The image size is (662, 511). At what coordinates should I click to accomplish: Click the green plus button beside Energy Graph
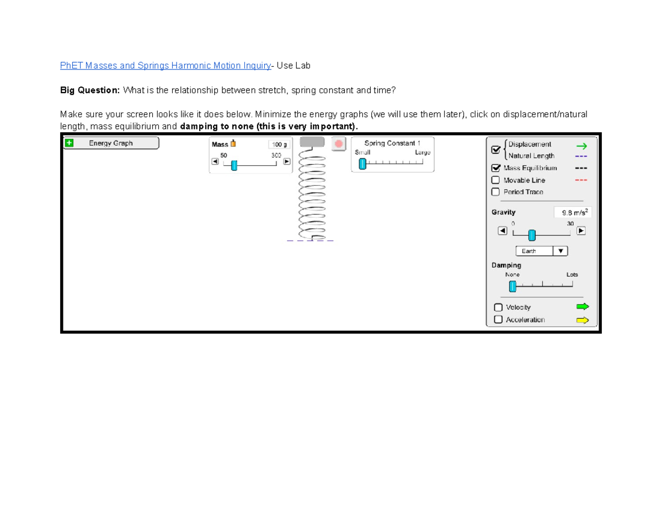[x=69, y=143]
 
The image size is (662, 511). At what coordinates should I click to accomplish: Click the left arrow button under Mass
[x=215, y=162]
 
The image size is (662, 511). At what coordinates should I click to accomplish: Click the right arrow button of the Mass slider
[x=287, y=162]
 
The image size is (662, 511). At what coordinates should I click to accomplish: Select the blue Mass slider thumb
[x=234, y=165]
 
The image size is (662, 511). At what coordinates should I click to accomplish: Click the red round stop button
[x=339, y=144]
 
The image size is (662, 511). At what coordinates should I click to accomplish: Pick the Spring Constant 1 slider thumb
[x=362, y=164]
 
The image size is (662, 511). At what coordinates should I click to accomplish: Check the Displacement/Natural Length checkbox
[x=495, y=150]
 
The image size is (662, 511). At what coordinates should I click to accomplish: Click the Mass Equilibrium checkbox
[x=495, y=168]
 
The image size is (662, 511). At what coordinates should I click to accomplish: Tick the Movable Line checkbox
[x=495, y=180]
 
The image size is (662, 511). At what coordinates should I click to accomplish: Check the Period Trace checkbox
[x=495, y=192]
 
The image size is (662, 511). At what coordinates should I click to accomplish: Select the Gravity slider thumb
[x=532, y=235]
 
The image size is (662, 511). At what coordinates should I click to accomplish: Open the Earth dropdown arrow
[x=560, y=251]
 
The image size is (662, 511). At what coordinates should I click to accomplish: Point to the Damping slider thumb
[x=512, y=286]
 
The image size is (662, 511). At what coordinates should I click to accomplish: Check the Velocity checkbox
[x=498, y=308]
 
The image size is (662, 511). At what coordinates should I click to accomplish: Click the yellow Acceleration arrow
[x=583, y=320]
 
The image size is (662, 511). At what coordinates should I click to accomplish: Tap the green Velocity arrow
[x=583, y=307]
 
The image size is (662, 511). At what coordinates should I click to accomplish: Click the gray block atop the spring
[x=312, y=142]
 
